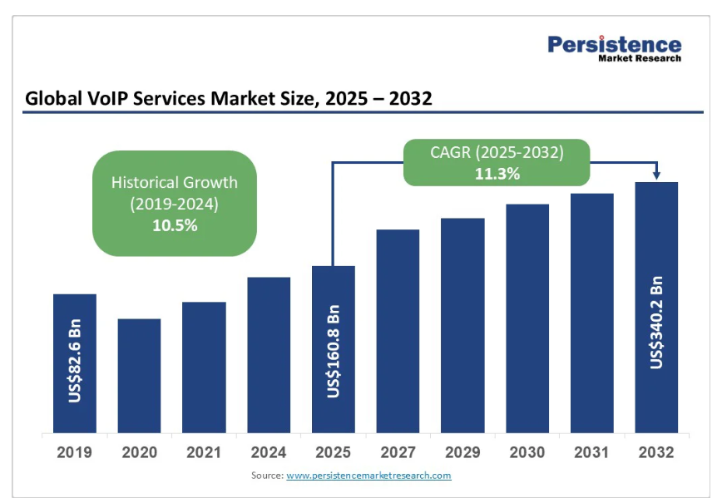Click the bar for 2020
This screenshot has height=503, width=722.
pos(139,376)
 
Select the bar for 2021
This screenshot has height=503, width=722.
pos(204,367)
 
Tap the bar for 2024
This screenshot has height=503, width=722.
pos(269,355)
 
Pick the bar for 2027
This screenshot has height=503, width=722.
pos(398,331)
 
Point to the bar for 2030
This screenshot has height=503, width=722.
pos(527,318)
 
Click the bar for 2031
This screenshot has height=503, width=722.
pos(591,313)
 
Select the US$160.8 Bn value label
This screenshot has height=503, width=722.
pos(334,351)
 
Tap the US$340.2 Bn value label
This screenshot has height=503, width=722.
pos(657,322)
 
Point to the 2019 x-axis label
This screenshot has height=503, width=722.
pos(75,453)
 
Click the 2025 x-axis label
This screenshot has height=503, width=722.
pos(334,453)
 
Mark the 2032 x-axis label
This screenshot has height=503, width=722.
pos(656,453)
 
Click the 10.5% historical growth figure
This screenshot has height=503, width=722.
pos(175,224)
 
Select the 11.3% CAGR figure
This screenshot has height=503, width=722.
pos(497,174)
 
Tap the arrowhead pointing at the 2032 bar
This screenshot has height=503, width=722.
pos(657,175)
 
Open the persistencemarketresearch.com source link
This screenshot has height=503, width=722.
pos(368,476)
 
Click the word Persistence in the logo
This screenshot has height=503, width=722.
pos(614,44)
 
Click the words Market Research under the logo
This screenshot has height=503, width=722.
pos(640,59)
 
